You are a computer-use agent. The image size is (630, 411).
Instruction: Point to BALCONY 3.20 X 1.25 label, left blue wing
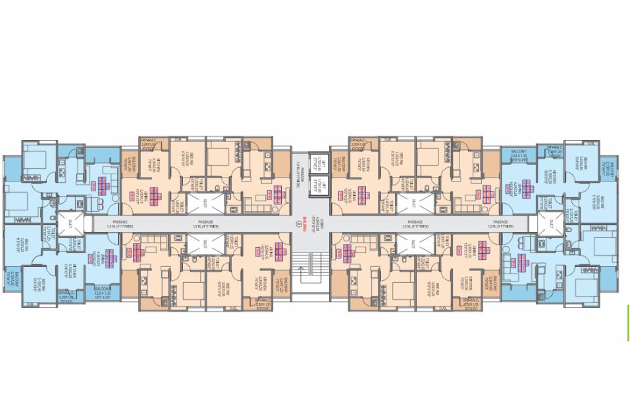click(x=102, y=290)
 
